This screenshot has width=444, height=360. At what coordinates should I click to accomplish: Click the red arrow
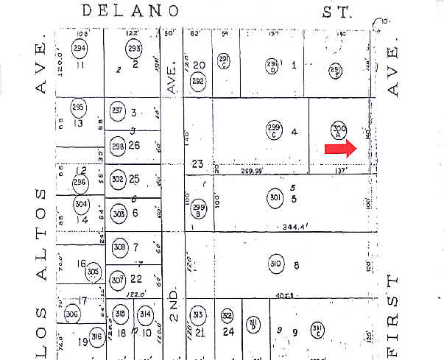pyautogui.click(x=340, y=149)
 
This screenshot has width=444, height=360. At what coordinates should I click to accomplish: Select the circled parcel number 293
pyautogui.click(x=134, y=49)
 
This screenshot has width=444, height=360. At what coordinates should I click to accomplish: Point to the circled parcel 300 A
pyautogui.click(x=339, y=130)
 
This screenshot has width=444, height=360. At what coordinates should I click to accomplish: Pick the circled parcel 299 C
pyautogui.click(x=274, y=130)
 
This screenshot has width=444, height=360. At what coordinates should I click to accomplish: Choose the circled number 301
pyautogui.click(x=275, y=197)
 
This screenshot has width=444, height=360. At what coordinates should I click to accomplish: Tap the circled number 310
pyautogui.click(x=276, y=264)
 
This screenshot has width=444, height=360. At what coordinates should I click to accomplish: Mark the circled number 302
pyautogui.click(x=117, y=179)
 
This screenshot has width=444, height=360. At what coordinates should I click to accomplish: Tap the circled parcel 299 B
pyautogui.click(x=198, y=209)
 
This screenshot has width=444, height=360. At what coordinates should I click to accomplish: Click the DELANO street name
pyautogui.click(x=130, y=11)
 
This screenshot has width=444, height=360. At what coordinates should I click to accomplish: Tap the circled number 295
pyautogui.click(x=78, y=107)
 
